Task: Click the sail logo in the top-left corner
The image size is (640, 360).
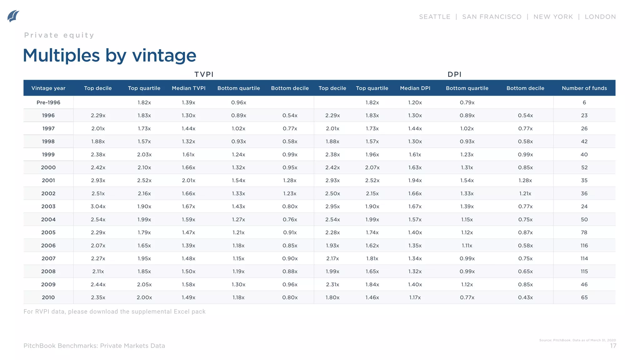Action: point(13,16)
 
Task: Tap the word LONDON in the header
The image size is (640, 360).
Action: point(600,17)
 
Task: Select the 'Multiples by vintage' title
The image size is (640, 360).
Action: point(110,56)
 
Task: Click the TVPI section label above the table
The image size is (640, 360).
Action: point(204,74)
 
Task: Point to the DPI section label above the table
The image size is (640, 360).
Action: point(454,74)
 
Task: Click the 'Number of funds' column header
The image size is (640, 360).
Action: point(584,88)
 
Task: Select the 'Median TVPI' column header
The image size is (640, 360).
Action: point(188,88)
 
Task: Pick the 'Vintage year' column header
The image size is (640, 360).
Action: point(48,88)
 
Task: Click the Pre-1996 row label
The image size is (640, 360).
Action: point(48,102)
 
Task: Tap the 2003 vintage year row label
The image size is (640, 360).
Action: point(48,207)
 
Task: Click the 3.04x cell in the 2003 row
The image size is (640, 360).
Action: point(98,207)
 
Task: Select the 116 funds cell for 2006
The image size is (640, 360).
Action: point(584,246)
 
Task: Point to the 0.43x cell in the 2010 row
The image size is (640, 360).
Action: point(525,297)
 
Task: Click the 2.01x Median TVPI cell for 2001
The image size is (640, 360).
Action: point(188,181)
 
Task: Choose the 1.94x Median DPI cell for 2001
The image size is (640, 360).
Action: point(415,181)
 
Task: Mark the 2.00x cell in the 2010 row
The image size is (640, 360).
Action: point(144,297)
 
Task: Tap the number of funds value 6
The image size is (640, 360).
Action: point(584,102)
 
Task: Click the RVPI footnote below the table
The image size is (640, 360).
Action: point(114,312)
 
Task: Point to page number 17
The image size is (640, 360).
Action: point(613,346)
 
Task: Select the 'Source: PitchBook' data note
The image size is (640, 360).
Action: point(577,340)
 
